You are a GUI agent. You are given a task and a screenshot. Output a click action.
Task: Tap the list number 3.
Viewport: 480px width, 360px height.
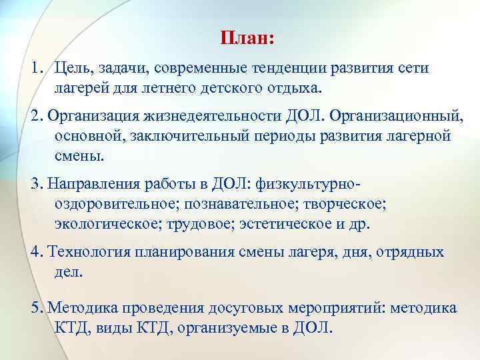point(35,185)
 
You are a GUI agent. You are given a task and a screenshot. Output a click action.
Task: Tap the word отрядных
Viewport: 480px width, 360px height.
point(409,253)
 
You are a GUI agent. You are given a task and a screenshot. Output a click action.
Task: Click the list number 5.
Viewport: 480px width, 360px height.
point(35,309)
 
